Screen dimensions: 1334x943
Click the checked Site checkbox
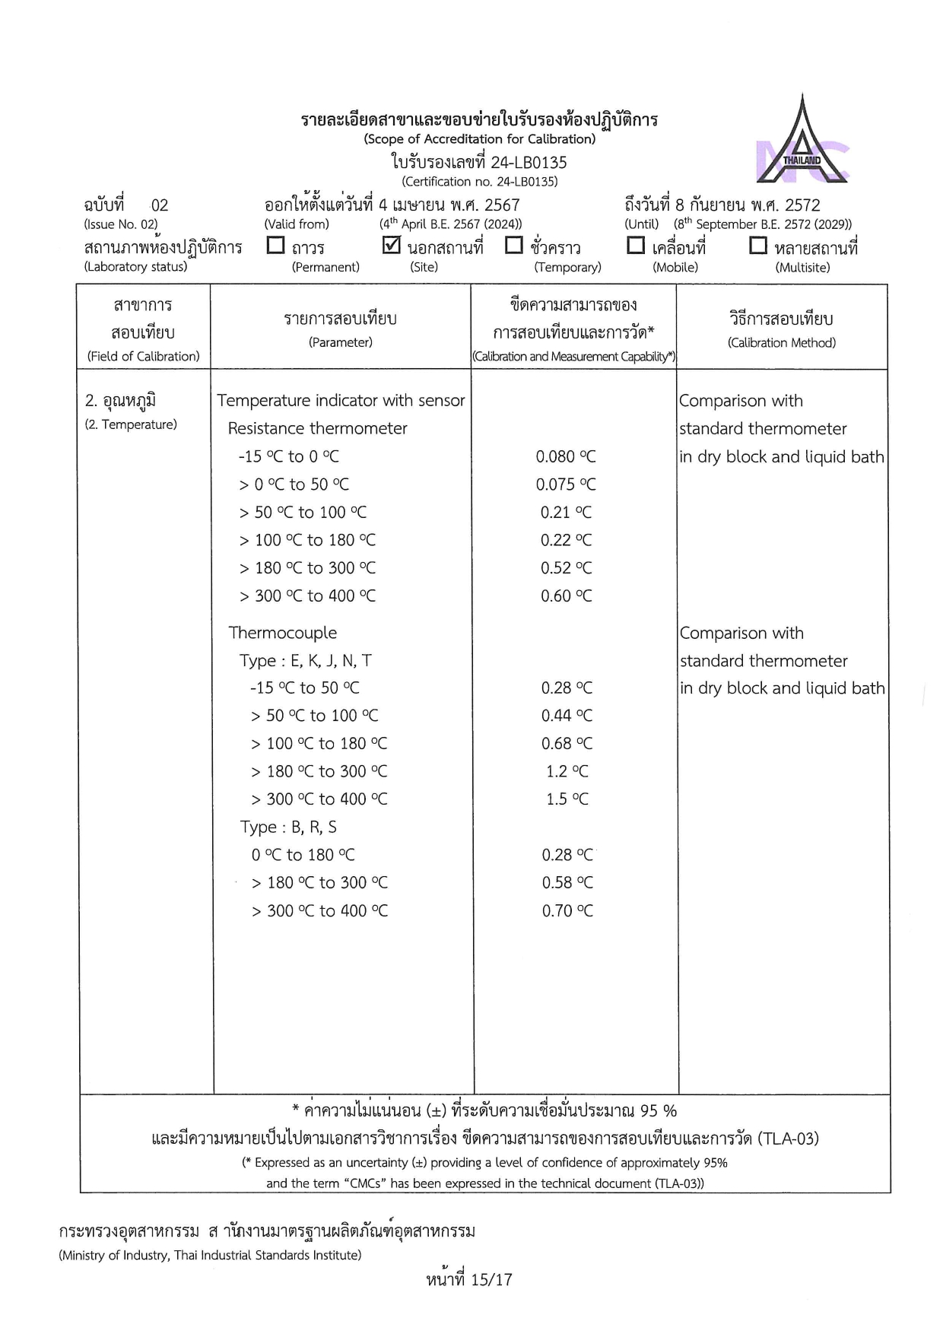click(391, 246)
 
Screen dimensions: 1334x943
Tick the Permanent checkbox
click(276, 246)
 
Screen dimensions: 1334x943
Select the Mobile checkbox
click(636, 246)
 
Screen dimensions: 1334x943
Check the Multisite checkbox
click(758, 246)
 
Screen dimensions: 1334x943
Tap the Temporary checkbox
click(514, 246)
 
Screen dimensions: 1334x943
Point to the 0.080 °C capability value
click(566, 456)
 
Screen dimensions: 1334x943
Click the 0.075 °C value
click(566, 484)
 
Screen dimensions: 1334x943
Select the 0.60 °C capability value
click(566, 596)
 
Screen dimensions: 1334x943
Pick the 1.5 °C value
click(567, 799)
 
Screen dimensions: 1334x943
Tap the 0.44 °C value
click(567, 716)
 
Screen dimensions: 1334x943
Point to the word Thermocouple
click(283, 633)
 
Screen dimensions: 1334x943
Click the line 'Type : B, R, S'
click(288, 827)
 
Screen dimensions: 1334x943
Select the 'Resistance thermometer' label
click(317, 428)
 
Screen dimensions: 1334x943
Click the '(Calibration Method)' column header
click(782, 343)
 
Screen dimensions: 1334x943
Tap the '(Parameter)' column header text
click(341, 342)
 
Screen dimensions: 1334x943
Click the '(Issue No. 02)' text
click(121, 224)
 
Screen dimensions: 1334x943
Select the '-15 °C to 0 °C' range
click(288, 456)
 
